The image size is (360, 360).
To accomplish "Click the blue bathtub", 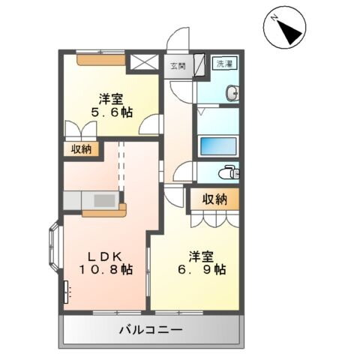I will click(217, 145).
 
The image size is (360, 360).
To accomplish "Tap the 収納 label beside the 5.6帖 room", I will click(82, 149).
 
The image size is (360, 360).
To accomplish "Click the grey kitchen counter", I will click(90, 200).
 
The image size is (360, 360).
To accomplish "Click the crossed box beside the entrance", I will click(144, 63).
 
